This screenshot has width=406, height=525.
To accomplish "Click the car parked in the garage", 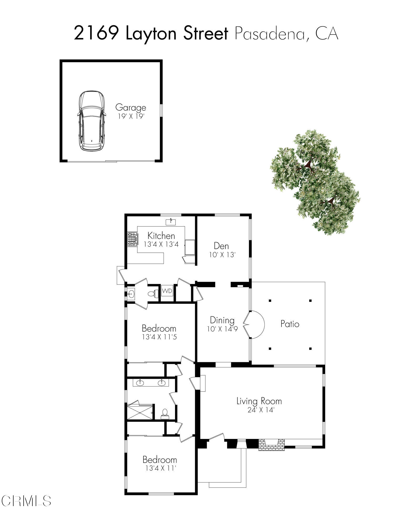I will click(x=92, y=121).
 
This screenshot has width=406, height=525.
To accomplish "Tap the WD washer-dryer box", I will click(x=167, y=291).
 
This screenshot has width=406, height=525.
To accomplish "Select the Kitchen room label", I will click(x=161, y=235).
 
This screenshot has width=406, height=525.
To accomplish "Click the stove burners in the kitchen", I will click(x=132, y=239).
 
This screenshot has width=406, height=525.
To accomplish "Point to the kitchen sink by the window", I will click(x=171, y=222).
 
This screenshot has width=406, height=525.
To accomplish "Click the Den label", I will click(x=221, y=246).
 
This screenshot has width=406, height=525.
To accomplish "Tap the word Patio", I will click(x=290, y=324).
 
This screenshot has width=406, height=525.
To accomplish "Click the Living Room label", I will click(x=259, y=401).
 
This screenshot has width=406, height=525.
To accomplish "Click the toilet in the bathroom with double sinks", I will click(x=165, y=413).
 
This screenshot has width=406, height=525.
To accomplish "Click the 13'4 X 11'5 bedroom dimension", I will click(x=159, y=337).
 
